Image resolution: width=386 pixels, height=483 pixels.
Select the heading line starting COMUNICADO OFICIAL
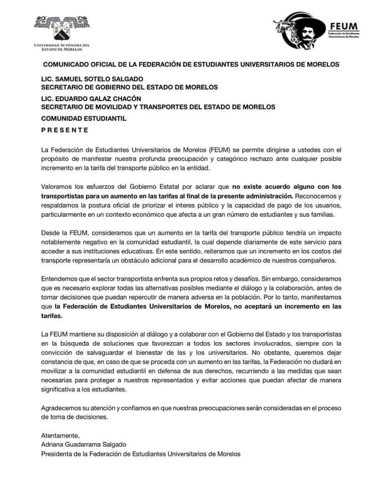pos(191,64)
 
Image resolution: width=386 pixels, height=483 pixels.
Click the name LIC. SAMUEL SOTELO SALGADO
pos(92,79)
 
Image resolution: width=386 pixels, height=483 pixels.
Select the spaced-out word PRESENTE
pos(65,130)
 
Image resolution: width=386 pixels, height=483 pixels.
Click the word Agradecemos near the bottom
pos(64,408)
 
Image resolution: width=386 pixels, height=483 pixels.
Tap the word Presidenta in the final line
pos(59,453)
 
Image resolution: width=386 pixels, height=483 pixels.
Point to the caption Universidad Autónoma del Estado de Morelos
pos(61,47)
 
